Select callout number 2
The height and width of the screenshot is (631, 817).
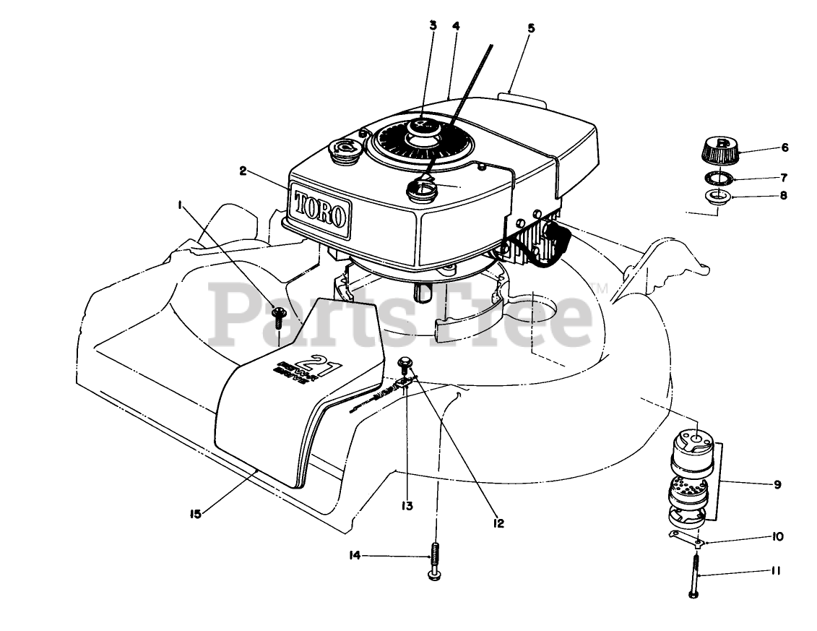coord(243,171)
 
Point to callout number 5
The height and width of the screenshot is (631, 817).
coord(531,29)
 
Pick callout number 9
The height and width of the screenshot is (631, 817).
coord(777,484)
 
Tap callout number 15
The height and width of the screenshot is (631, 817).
coord(195,514)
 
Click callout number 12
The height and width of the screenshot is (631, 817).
coord(499,523)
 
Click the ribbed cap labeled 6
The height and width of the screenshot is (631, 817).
coord(717,149)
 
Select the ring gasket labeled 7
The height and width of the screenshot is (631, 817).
coord(718,177)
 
